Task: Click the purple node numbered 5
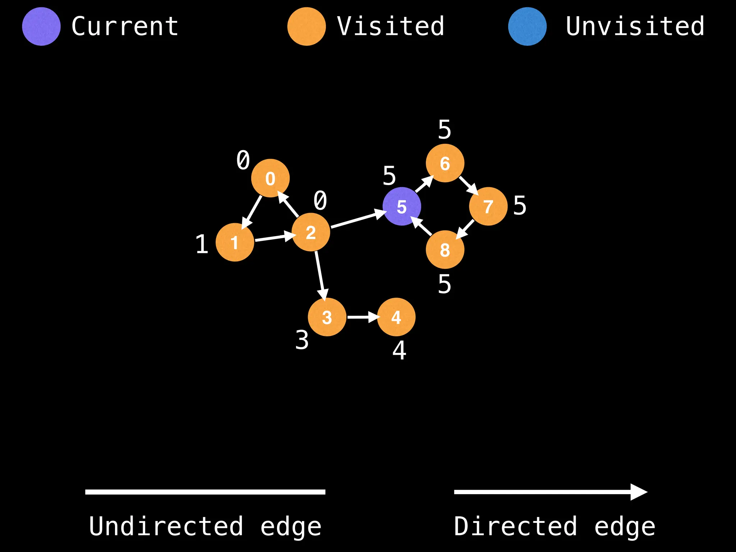[x=401, y=206]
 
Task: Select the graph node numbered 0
[x=270, y=178]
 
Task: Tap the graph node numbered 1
[x=235, y=242]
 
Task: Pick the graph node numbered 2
[x=310, y=232]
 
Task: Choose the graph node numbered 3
[x=327, y=317]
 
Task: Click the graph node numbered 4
[x=396, y=317]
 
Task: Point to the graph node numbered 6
[x=445, y=163]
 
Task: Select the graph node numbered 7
[x=488, y=206]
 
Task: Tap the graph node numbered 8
[x=445, y=250]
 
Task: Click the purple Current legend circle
[x=41, y=27]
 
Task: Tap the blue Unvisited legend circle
[x=527, y=27]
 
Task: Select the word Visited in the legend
[x=391, y=27]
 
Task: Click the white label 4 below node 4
[x=399, y=350]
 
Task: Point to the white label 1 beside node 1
[x=202, y=244]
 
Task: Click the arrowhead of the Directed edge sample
[x=639, y=492]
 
